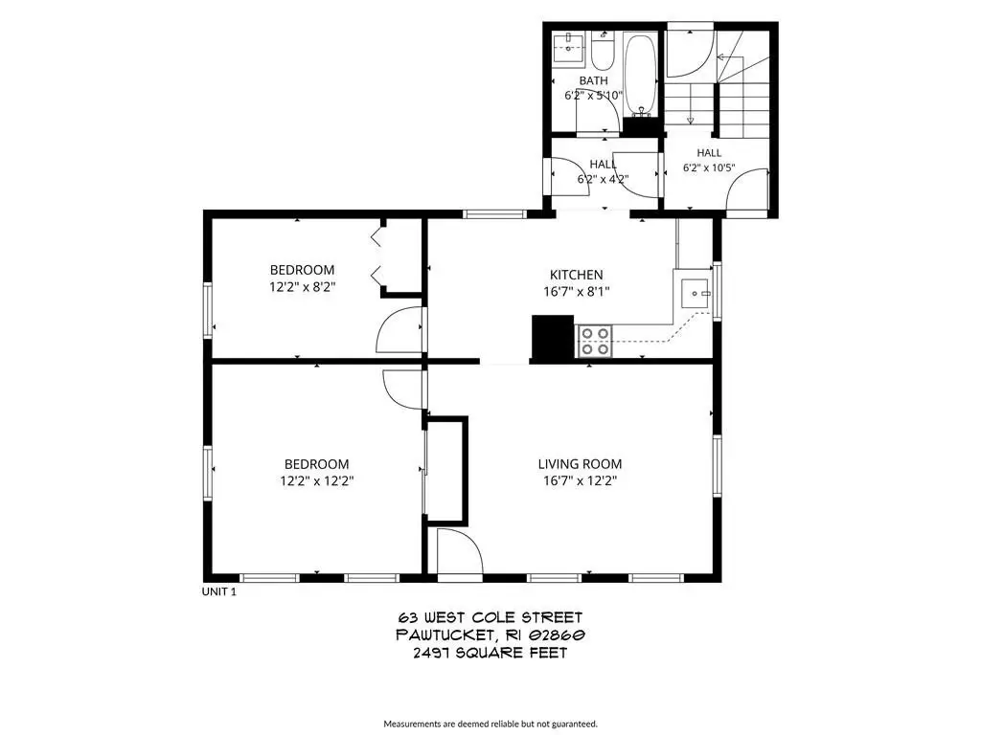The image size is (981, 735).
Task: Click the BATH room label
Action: (x=593, y=80)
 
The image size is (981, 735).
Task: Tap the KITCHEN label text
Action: (x=576, y=275)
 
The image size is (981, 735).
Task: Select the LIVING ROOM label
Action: (x=580, y=464)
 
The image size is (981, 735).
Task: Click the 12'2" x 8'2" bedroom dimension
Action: (x=303, y=287)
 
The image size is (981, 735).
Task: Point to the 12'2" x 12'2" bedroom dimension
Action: (x=316, y=480)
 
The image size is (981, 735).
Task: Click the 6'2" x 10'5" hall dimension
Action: (x=709, y=167)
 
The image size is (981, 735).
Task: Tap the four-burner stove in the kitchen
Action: (x=594, y=342)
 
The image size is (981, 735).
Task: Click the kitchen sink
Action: (x=694, y=293)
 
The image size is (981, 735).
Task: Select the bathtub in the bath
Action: (x=640, y=75)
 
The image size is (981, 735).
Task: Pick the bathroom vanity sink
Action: (x=568, y=48)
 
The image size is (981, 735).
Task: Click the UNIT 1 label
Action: (x=219, y=591)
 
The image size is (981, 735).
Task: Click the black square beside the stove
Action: (x=553, y=338)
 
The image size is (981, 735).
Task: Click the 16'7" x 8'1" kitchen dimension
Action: (x=576, y=291)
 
